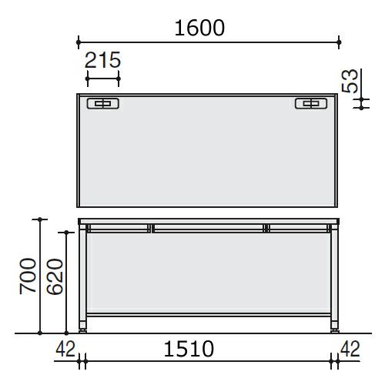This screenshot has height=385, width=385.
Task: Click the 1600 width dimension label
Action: (199, 28)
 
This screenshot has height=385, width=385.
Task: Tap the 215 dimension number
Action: (102, 60)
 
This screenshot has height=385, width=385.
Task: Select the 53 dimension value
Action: (350, 81)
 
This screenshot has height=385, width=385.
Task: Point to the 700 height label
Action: (28, 276)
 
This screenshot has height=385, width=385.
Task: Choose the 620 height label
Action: (55, 276)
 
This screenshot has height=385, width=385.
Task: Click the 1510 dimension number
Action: (189, 349)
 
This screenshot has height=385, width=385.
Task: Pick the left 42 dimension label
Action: (65, 349)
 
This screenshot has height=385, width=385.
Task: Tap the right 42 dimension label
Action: (350, 349)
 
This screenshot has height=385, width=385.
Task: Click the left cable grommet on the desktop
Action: (103, 103)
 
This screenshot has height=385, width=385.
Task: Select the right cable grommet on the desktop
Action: (311, 103)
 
